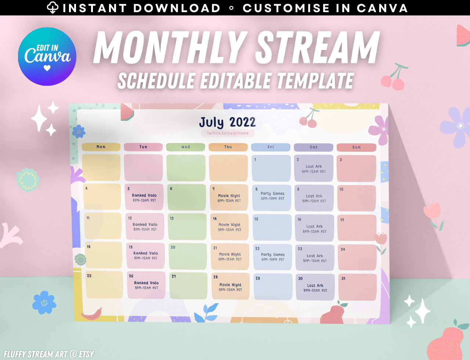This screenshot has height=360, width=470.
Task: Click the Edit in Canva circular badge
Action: point(47,57)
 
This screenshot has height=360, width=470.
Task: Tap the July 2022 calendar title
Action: point(227,122)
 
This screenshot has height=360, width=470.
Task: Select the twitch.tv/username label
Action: point(228,133)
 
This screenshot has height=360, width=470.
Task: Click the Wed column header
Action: point(185,147)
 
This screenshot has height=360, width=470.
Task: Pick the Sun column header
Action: point(357,147)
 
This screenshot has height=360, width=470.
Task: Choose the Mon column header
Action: point(101,147)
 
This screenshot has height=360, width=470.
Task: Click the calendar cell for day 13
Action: point(187,227)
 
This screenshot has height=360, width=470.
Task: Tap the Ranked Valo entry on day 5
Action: point(144,198)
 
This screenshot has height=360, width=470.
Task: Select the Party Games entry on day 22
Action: point(273,257)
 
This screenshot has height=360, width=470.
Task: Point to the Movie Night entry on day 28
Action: point(230,287)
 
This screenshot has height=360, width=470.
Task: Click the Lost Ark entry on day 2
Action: point(314,169)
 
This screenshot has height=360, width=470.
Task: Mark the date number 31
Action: point(343,278)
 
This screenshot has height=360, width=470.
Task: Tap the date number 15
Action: point(256,219)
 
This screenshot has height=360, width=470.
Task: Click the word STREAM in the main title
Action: point(317,48)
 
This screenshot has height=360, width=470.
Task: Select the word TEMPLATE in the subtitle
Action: point(315,81)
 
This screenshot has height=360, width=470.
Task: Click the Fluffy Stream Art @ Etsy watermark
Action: point(49,354)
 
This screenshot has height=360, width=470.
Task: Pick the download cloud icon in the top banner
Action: point(53,8)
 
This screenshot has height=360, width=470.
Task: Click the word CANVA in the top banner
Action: point(382,8)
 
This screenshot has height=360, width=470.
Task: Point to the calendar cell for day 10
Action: point(357,198)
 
